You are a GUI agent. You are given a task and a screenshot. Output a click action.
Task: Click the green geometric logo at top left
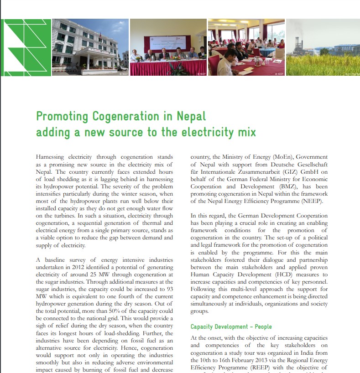pos(26,47)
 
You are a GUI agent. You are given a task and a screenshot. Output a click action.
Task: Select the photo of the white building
pos(91,47)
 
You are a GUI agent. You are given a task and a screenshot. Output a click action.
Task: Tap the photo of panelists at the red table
pos(168,47)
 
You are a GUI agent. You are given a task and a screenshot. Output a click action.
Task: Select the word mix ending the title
pos(246,132)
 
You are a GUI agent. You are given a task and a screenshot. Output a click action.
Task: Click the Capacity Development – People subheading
pos(231,326)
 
